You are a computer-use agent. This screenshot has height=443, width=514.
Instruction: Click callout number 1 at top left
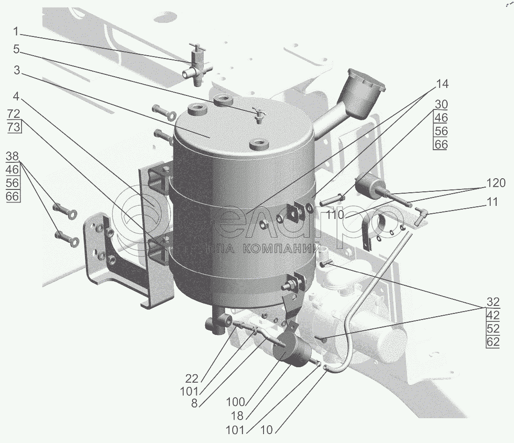pyautogui.click(x=16, y=32)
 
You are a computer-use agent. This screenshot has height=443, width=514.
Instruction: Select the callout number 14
pyautogui.click(x=442, y=84)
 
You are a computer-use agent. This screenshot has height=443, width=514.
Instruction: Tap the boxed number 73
pyautogui.click(x=14, y=126)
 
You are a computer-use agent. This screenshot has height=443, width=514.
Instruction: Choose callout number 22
pyautogui.click(x=193, y=378)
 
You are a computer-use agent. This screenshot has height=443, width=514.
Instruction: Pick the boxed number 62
pyautogui.click(x=493, y=341)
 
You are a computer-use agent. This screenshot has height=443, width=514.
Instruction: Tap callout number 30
pyautogui.click(x=441, y=104)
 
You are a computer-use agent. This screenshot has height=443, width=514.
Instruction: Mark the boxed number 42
pyautogui.click(x=493, y=314)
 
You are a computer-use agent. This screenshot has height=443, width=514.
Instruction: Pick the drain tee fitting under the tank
pyautogui.click(x=218, y=323)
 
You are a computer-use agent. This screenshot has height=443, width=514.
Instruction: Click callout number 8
pyautogui.click(x=194, y=403)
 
